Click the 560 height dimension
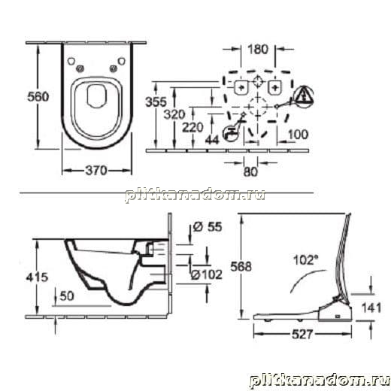[38, 97]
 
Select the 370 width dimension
[96, 171]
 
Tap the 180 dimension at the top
[258, 49]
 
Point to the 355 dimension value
[156, 102]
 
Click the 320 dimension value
[174, 114]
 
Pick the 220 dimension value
[192, 127]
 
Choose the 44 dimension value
[212, 140]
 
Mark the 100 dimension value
[298, 135]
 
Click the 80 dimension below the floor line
[250, 171]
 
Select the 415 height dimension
[37, 277]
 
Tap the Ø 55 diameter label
[208, 227]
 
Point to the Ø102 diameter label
[207, 274]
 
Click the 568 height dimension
[241, 266]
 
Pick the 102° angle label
[305, 259]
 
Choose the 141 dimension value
[371, 308]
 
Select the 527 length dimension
[302, 334]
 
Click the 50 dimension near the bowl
[67, 296]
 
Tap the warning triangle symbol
[304, 95]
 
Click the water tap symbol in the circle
[231, 133]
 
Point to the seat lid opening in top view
[95, 96]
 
